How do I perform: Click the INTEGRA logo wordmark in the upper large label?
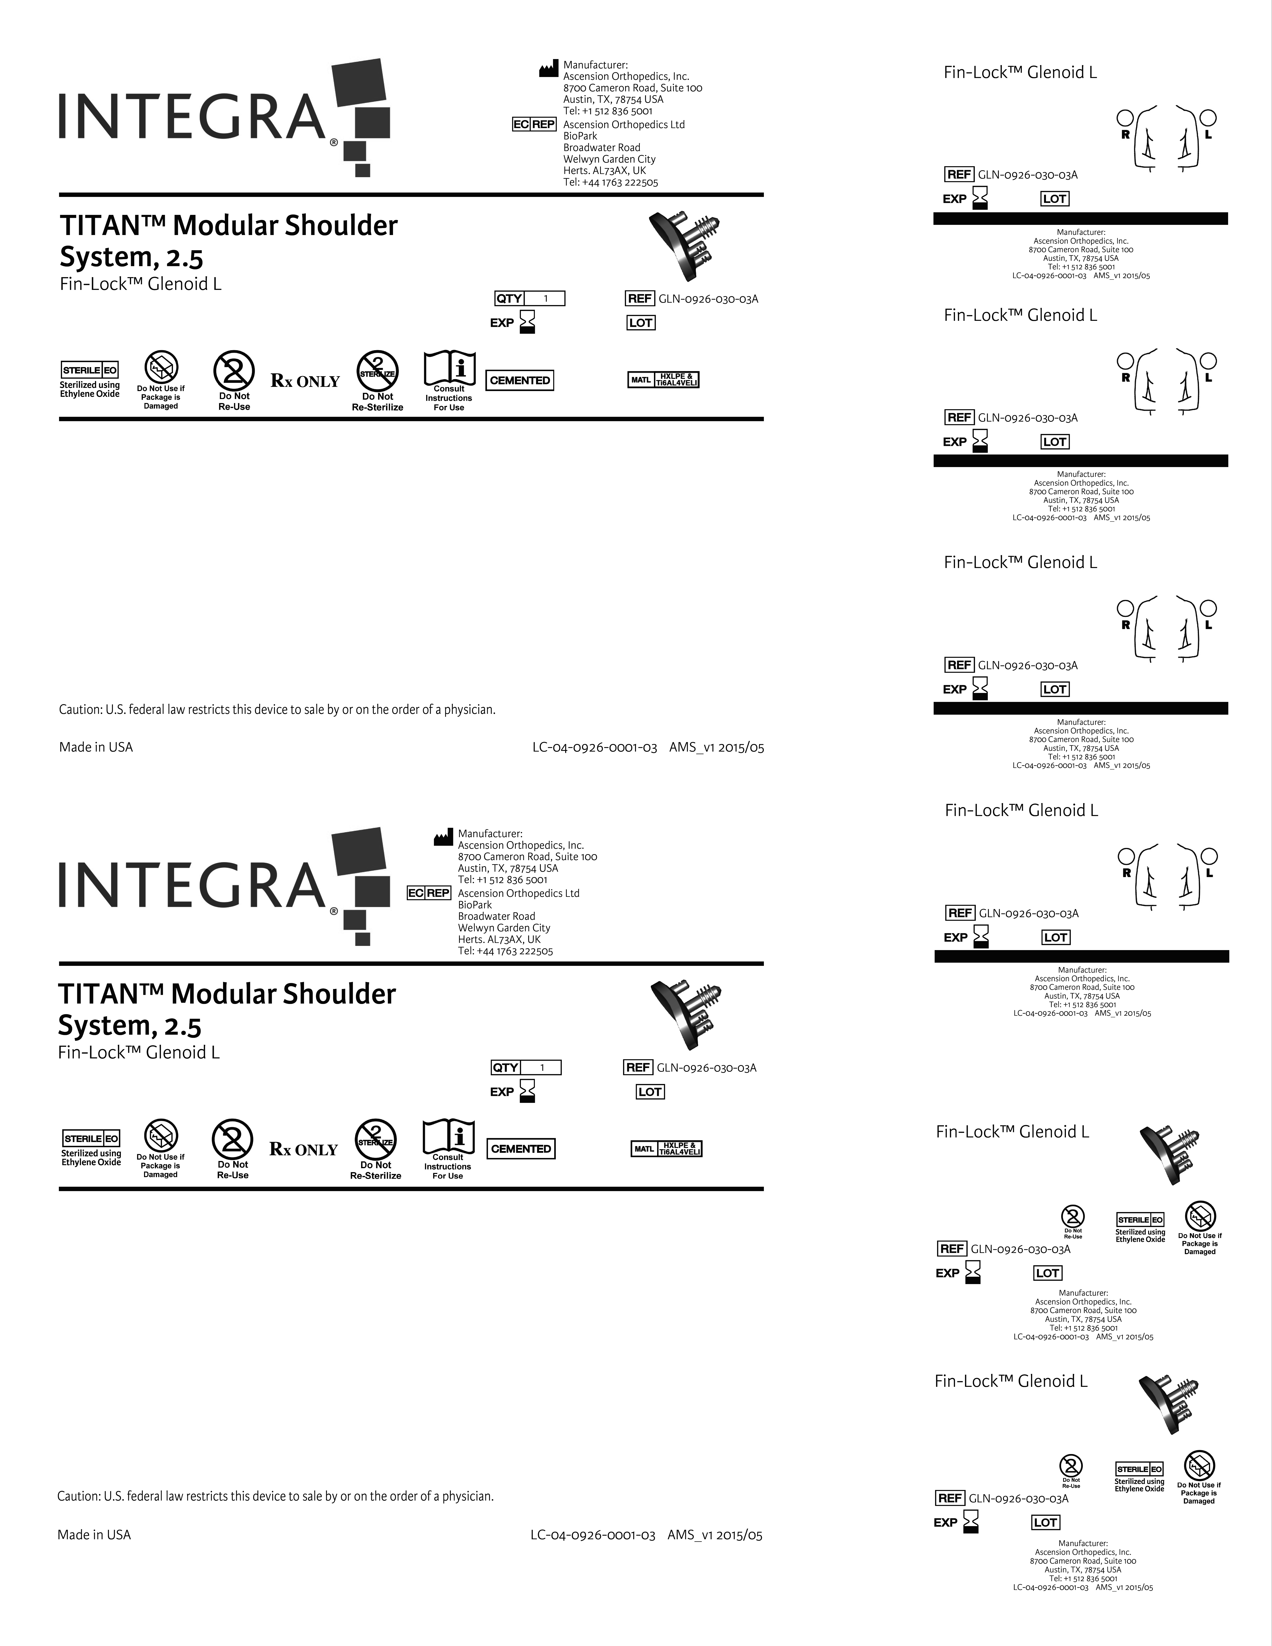(192, 117)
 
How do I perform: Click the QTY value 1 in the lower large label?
(542, 1067)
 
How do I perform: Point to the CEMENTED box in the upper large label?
(520, 381)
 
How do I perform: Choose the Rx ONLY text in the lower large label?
(304, 1149)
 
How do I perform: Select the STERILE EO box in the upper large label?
(90, 370)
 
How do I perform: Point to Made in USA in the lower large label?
(94, 1534)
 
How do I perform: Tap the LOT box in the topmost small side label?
(1054, 199)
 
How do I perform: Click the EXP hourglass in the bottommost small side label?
(971, 1522)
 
